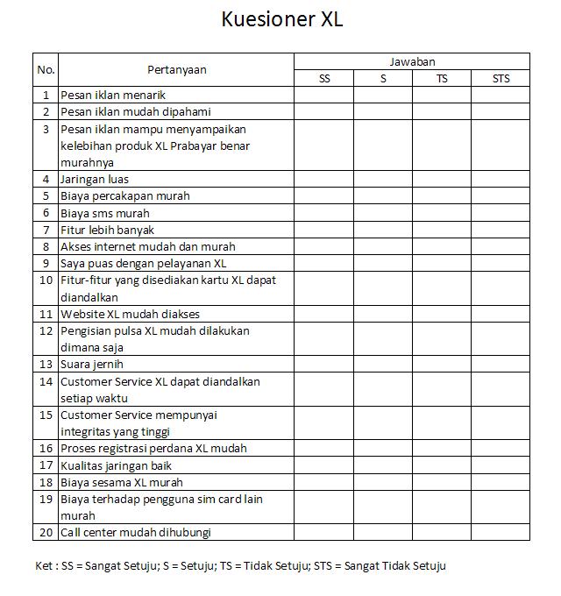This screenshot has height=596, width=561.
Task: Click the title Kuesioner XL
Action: pos(281,19)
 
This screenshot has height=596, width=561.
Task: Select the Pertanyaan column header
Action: pos(176,69)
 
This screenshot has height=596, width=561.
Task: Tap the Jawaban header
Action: pos(411,61)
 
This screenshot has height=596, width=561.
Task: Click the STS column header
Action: pos(500,79)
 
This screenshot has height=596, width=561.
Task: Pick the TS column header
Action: pos(442,79)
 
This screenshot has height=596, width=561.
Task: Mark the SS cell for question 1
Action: pos(323,95)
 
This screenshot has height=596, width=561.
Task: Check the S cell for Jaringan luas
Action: pos(383,179)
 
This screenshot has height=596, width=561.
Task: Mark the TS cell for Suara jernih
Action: pos(442,364)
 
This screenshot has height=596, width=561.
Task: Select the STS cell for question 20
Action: pos(500,532)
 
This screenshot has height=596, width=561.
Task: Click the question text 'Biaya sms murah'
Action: pos(105,213)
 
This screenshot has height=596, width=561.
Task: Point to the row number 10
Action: pos(46,280)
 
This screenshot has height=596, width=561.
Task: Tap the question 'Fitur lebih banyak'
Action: pos(107,230)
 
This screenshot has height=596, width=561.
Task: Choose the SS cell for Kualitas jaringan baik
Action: pos(323,465)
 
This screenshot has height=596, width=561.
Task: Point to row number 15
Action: pos(46,415)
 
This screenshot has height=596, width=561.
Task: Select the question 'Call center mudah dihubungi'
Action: pos(136,532)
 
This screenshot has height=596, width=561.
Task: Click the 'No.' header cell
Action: pos(46,69)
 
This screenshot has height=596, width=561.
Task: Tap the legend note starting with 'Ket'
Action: pos(240,566)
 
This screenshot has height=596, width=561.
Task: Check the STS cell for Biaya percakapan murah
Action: pos(500,195)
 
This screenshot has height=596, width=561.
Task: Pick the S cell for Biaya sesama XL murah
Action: pos(383,482)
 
